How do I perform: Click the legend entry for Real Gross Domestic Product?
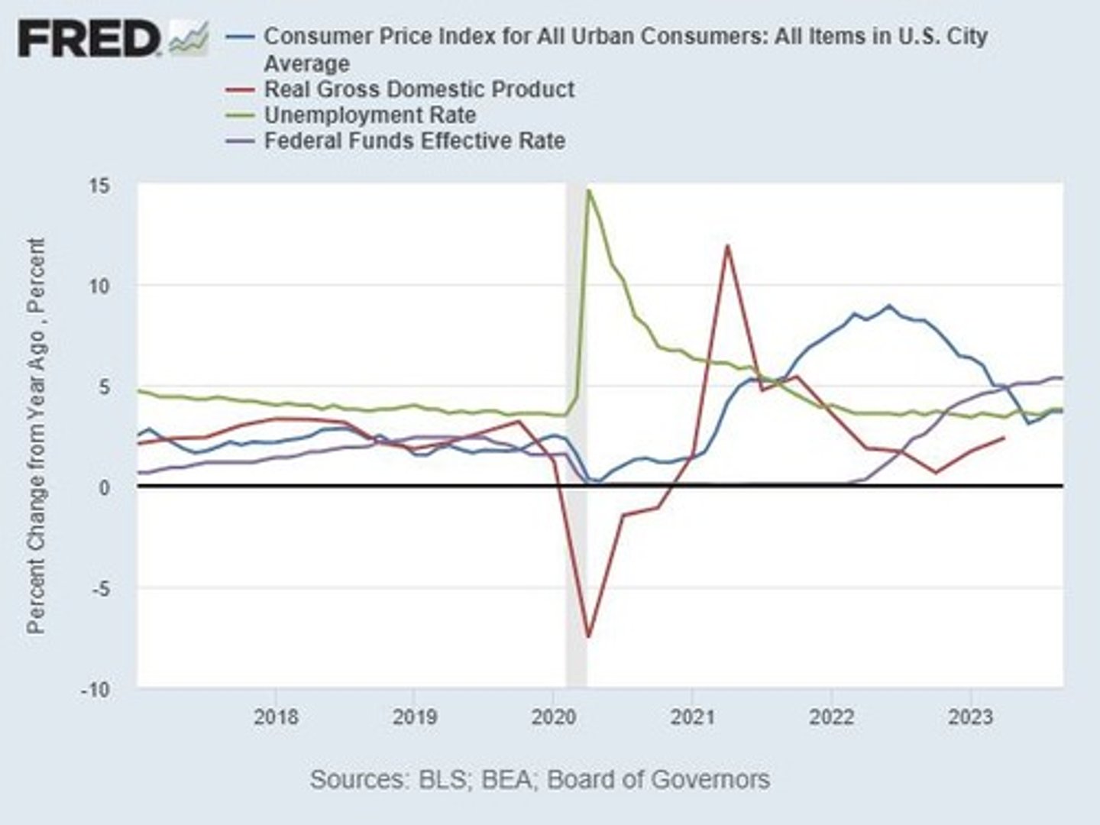tap(419, 89)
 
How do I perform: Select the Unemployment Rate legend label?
tap(370, 115)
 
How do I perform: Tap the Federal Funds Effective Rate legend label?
tap(414, 141)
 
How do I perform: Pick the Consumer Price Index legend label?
tap(625, 37)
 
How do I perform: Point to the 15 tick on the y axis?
tap(99, 186)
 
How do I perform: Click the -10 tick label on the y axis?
tap(95, 689)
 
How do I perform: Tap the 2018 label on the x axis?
tap(275, 717)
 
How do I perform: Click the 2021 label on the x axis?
tap(692, 717)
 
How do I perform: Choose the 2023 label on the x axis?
tap(970, 717)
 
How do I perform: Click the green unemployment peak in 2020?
tap(588, 190)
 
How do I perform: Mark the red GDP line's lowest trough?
tap(588, 636)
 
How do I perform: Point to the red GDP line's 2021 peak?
tap(727, 246)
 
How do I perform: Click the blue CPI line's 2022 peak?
tap(888, 306)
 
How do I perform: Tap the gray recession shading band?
tap(576, 535)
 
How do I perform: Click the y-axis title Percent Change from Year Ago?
tap(36, 435)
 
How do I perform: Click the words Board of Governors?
tap(658, 779)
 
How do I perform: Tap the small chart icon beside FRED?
tap(189, 38)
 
